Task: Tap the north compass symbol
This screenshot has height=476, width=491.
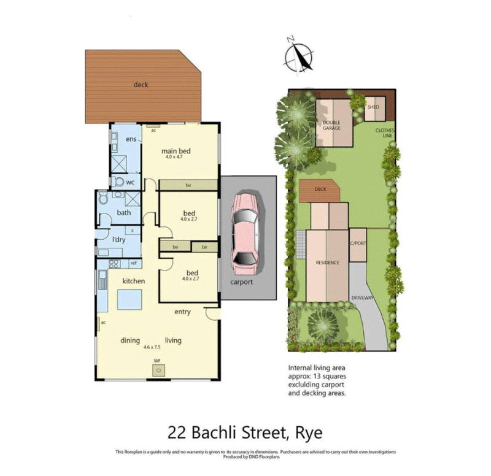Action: (x=297, y=56)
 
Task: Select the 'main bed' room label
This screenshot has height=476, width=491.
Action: (x=174, y=150)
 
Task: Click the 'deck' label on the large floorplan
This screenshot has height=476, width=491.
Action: (x=141, y=85)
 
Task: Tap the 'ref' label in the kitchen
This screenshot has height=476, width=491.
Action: (x=132, y=263)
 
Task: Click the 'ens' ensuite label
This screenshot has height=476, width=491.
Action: (x=131, y=140)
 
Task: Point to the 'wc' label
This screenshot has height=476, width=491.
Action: (x=130, y=182)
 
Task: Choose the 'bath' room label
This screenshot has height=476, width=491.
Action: (x=124, y=213)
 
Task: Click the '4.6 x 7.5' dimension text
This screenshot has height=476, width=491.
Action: (x=152, y=348)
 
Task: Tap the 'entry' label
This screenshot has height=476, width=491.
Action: (x=182, y=312)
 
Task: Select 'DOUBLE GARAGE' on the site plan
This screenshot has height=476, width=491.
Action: (x=331, y=125)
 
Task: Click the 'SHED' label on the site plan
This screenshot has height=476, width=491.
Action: (x=373, y=107)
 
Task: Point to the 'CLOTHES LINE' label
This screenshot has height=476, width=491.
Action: (x=385, y=134)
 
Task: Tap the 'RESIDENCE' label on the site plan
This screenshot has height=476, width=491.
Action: (x=327, y=263)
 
